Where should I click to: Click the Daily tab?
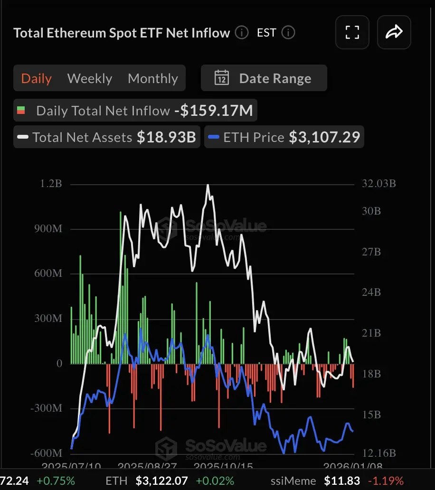pyautogui.click(x=37, y=78)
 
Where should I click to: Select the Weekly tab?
pyautogui.click(x=90, y=78)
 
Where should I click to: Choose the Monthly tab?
pyautogui.click(x=153, y=78)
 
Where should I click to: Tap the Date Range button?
pyautogui.click(x=264, y=78)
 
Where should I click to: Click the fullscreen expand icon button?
pyautogui.click(x=352, y=32)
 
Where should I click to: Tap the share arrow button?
pyautogui.click(x=394, y=32)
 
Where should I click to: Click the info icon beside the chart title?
pyautogui.click(x=242, y=33)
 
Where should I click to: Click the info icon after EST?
pyautogui.click(x=288, y=33)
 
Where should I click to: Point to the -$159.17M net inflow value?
pyautogui.click(x=214, y=111)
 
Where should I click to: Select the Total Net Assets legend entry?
pyautogui.click(x=107, y=138)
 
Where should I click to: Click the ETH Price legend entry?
pyautogui.click(x=284, y=138)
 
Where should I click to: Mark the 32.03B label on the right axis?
pyautogui.click(x=378, y=184)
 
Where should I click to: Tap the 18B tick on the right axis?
pyautogui.click(x=371, y=374)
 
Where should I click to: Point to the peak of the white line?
pyautogui.click(x=208, y=185)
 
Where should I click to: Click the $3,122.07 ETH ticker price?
pyautogui.click(x=161, y=481)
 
